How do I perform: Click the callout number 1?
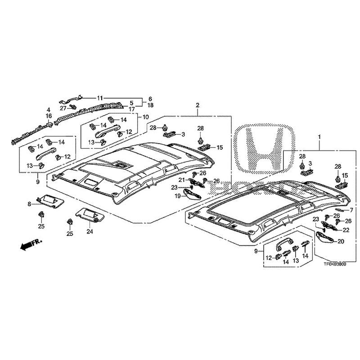click(319, 135)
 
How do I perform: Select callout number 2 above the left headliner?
click(197, 105)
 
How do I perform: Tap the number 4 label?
click(48, 109)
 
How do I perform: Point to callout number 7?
click(351, 210)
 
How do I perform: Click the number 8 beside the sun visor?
click(29, 204)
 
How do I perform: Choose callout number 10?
click(145, 117)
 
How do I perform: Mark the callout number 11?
click(100, 98)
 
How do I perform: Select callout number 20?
click(340, 241)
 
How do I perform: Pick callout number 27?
click(63, 108)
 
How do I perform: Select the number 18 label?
click(150, 105)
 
